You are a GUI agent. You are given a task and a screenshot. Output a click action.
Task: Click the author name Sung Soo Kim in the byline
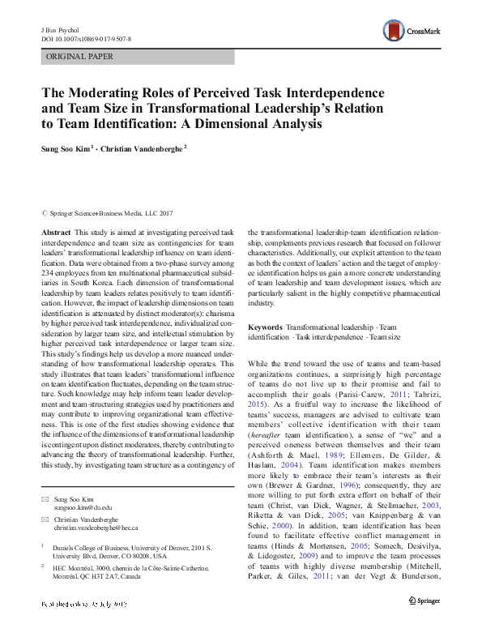coord(69,148)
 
